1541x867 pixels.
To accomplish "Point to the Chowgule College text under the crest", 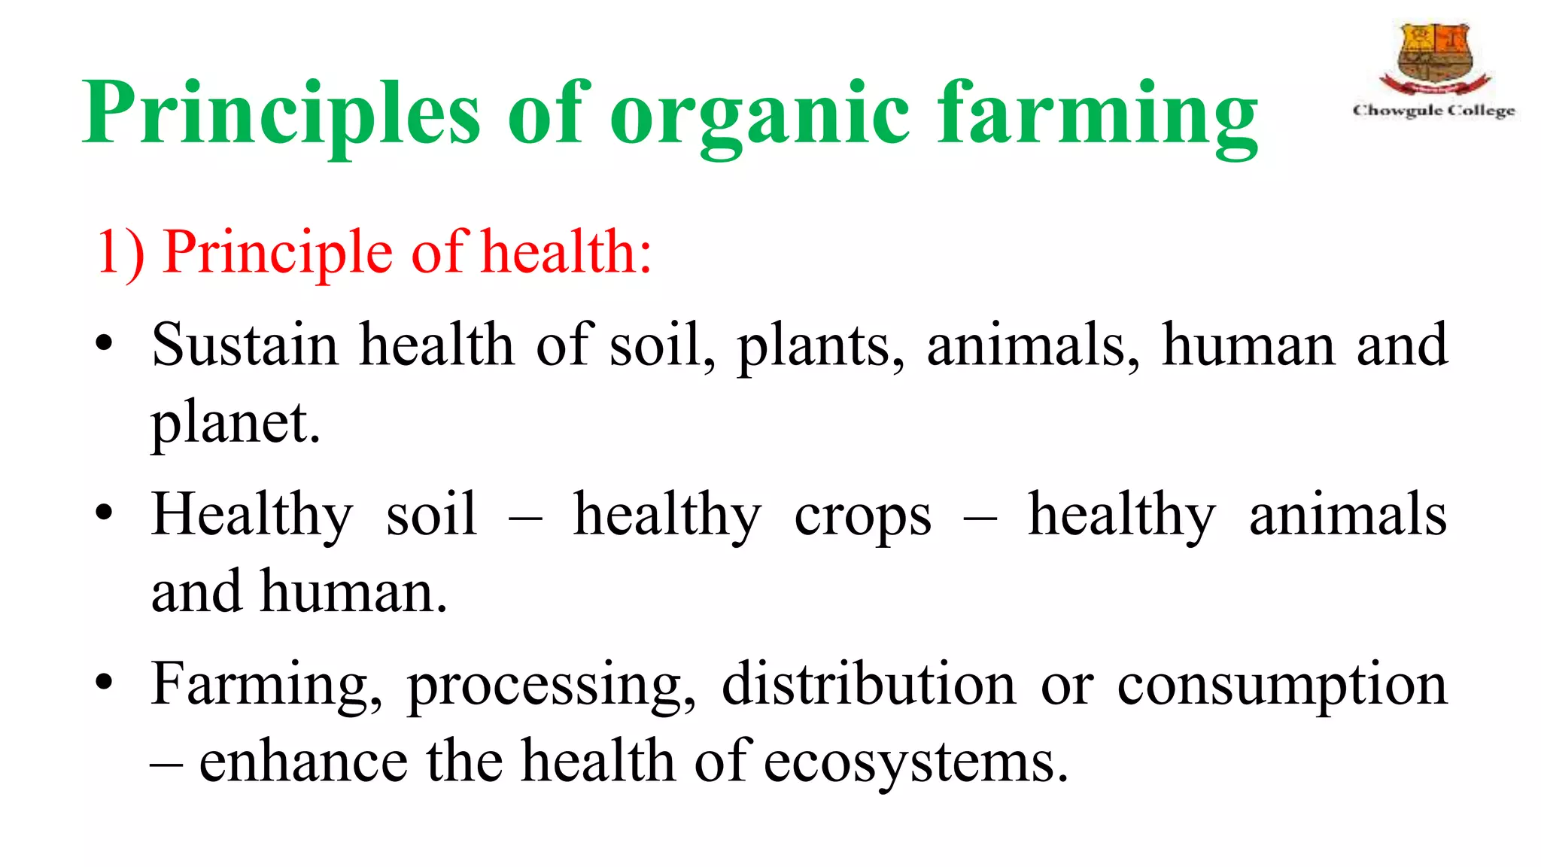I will pos(1433,111).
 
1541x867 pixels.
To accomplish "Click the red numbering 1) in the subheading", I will pos(120,252).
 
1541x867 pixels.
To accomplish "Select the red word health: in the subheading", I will pos(567,252).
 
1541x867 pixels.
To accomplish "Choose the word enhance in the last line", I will pos(303,762).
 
